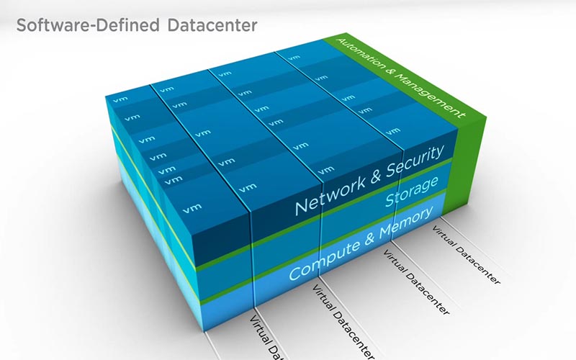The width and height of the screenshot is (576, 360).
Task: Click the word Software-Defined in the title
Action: (x=88, y=25)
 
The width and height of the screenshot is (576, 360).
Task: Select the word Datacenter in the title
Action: (x=212, y=25)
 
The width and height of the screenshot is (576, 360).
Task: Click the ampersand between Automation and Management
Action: (x=390, y=71)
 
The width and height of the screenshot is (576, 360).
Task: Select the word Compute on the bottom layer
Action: (x=325, y=259)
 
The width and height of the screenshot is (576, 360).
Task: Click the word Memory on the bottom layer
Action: (x=406, y=222)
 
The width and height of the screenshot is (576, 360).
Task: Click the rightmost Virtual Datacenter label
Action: (x=466, y=255)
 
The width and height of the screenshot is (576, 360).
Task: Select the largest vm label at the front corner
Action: (x=192, y=208)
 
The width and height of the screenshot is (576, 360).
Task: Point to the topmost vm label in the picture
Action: (x=294, y=58)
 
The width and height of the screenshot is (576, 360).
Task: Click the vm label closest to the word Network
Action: (x=326, y=170)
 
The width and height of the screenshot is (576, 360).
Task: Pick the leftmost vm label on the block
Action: (x=120, y=99)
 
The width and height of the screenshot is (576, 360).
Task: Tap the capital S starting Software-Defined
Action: (x=22, y=25)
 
